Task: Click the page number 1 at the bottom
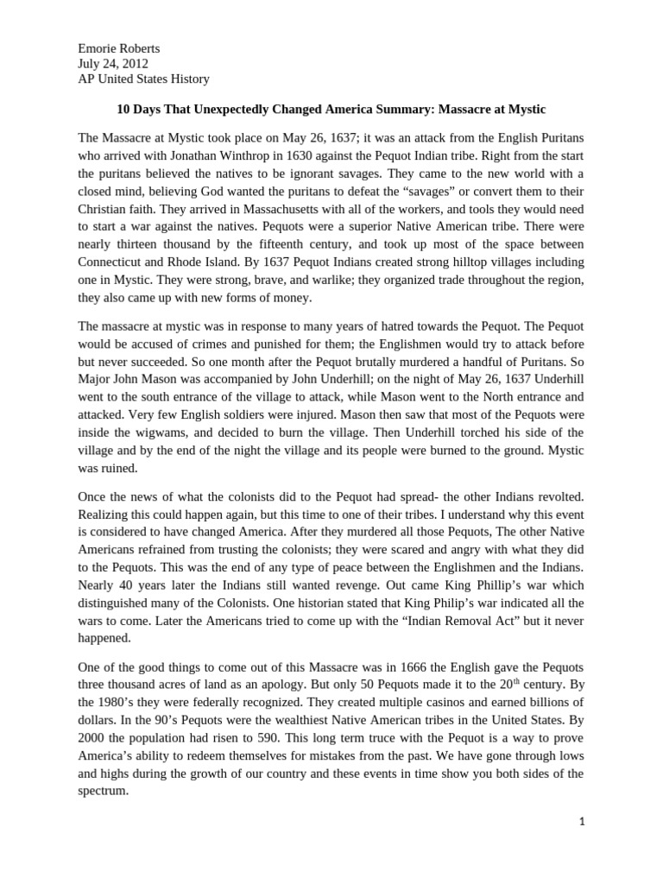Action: [582, 822]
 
